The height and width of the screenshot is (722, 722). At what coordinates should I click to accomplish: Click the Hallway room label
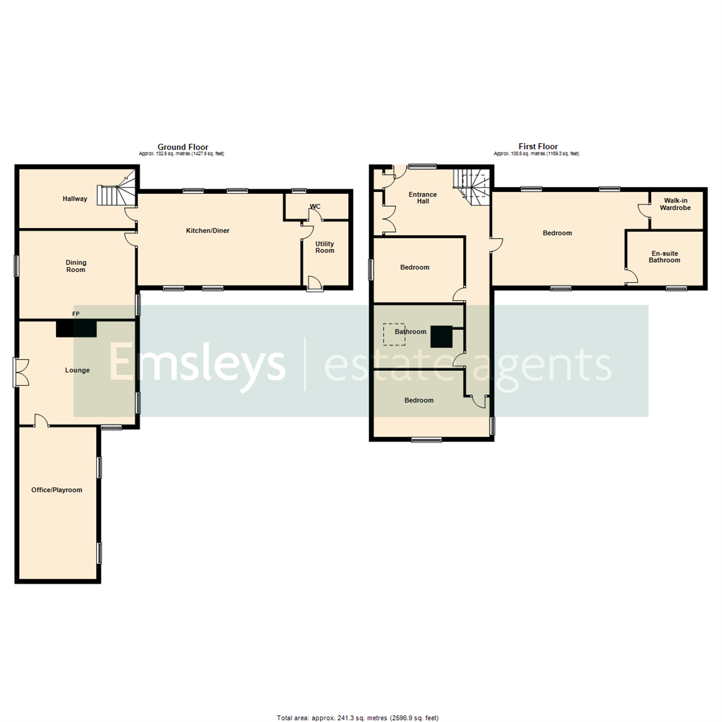[x=75, y=199]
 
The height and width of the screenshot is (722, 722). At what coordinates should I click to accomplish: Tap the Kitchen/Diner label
[x=208, y=231]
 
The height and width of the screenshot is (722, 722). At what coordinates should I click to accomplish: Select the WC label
[x=315, y=207]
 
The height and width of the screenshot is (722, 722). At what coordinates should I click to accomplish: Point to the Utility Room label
[x=325, y=247]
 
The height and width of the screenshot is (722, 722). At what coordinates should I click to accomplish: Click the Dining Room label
[x=76, y=266]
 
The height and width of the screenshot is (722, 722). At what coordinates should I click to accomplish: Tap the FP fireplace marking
[x=76, y=313]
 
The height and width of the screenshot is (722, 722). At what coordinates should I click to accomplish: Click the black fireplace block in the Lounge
[x=76, y=328]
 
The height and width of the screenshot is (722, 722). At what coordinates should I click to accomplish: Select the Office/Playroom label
[x=57, y=490]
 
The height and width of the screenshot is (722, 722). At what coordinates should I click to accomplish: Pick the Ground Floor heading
[x=183, y=147]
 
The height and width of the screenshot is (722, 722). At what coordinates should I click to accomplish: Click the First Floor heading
[x=537, y=147]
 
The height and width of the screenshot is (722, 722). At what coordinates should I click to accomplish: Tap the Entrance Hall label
[x=423, y=198]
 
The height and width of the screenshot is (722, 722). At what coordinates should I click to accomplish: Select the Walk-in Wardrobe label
[x=677, y=204]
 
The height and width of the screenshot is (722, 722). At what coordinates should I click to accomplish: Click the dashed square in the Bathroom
[x=394, y=334]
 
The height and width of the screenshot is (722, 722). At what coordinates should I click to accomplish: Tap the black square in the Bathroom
[x=442, y=336]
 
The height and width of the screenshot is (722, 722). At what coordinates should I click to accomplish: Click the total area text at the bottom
[x=357, y=718]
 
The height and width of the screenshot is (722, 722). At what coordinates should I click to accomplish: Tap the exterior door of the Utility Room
[x=314, y=285]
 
